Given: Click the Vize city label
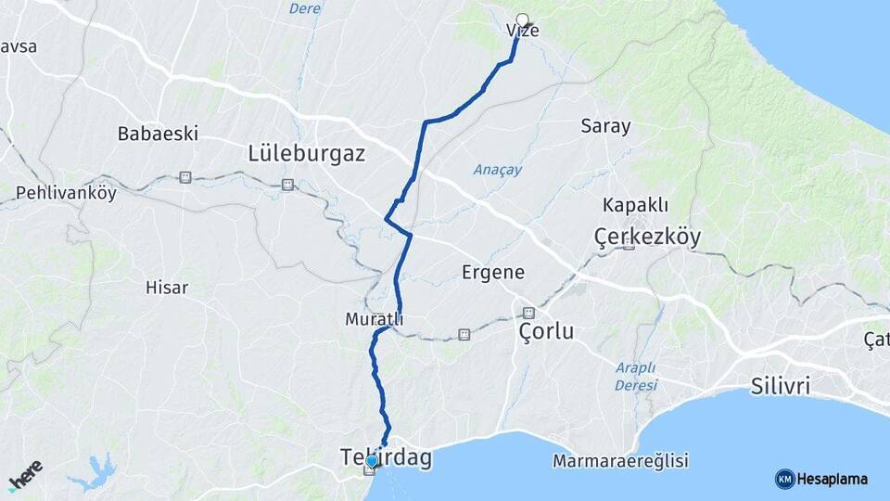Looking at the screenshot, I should click(x=523, y=31).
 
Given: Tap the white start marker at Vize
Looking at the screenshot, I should click(x=522, y=19).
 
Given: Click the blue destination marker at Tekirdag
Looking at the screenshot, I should click(x=371, y=460).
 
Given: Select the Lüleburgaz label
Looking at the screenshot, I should click(x=307, y=153).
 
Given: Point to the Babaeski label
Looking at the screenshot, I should click(x=158, y=134).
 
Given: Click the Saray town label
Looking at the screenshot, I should click(x=605, y=126).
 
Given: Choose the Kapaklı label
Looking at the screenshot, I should click(x=635, y=205).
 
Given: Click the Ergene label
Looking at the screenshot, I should click(x=493, y=273).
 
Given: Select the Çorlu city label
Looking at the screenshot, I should click(x=546, y=331).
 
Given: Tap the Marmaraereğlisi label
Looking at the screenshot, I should click(x=619, y=460).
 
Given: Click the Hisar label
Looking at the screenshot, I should click(x=167, y=288).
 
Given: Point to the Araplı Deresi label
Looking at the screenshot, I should click(x=636, y=376).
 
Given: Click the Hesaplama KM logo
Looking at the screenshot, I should click(x=821, y=479).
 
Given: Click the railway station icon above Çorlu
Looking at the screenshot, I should click(x=528, y=313).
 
